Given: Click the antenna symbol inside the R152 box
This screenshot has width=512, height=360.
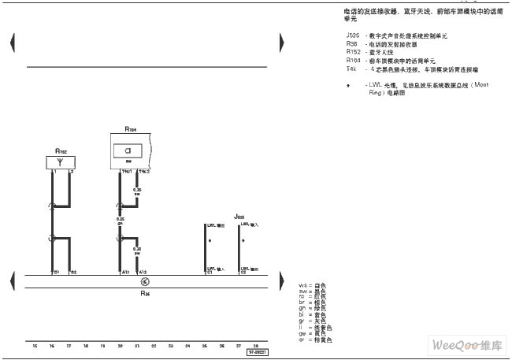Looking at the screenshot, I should pos(61,162).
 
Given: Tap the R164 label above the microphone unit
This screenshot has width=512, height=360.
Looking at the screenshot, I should pos(131,128).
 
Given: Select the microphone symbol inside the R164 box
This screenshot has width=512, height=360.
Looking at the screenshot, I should pos(127,149).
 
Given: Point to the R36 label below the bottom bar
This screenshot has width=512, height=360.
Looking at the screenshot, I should pos(145,293).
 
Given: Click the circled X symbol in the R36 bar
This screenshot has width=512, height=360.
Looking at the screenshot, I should pos(144,281).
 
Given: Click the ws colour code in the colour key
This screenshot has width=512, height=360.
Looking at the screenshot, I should pos(302,284).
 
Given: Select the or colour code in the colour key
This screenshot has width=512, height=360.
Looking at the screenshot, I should pos(302,340).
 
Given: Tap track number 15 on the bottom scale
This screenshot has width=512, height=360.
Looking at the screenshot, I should pos(35,346).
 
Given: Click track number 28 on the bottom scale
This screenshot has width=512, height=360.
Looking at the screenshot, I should pos(255,346).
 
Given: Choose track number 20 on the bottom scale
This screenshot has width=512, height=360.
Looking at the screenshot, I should pos(120,346).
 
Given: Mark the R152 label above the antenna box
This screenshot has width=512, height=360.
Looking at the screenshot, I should pos(61,150).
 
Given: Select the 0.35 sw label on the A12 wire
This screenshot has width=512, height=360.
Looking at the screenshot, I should pos(137,253).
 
